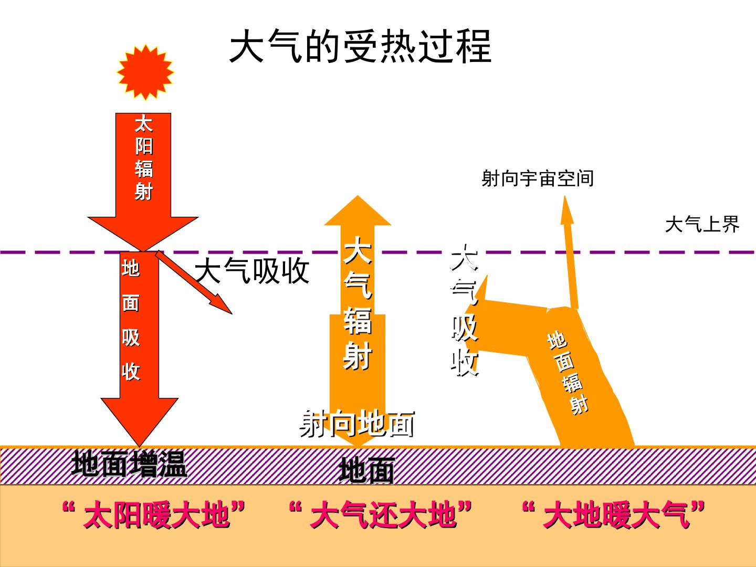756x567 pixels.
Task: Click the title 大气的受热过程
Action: tap(360, 47)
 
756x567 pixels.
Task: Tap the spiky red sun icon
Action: tap(145, 72)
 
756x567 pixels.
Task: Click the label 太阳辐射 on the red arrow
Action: tap(144, 158)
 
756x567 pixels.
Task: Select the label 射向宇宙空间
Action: tap(537, 178)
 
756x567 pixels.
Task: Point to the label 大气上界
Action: tap(702, 225)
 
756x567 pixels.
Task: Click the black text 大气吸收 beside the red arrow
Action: tap(252, 271)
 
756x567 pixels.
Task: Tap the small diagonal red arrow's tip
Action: tap(232, 313)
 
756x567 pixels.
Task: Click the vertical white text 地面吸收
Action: tap(131, 320)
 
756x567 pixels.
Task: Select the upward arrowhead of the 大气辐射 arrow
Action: tap(358, 211)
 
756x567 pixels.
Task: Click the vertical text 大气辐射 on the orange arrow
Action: tap(358, 303)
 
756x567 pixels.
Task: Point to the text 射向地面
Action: tap(357, 424)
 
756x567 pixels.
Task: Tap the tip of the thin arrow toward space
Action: tap(565, 196)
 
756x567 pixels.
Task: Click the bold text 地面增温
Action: tap(129, 465)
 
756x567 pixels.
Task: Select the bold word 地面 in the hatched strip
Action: tap(367, 471)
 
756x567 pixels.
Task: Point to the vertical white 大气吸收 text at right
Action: tap(465, 310)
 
